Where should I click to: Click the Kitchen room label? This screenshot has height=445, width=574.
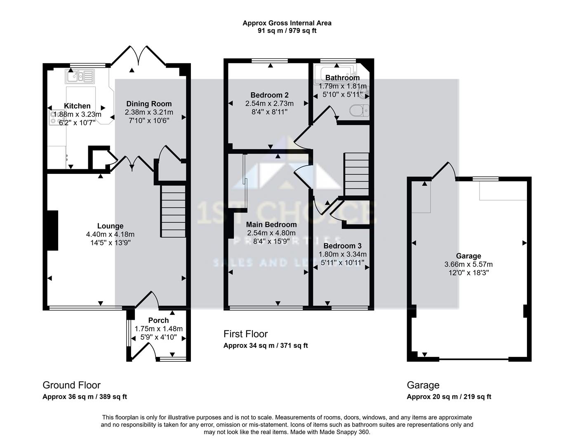tap(77, 106)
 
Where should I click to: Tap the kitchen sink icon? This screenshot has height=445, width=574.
tap(80, 76)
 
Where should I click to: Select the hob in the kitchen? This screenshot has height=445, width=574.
tap(54, 117)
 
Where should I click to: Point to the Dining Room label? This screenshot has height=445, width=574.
tap(149, 104)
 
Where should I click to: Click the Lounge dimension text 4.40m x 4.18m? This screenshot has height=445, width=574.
tap(110, 234)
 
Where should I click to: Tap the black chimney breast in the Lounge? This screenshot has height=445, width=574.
tap(52, 230)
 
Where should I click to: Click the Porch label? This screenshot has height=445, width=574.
tap(158, 320)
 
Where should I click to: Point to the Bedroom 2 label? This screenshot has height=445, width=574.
tap(269, 95)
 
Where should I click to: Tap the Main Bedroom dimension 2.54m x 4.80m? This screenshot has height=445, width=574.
tap(271, 233)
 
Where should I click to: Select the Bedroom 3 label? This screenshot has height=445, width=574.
tap(342, 246)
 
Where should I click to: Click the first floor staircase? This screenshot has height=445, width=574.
tap(356, 174)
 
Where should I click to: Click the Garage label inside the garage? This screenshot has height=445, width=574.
tap(468, 256)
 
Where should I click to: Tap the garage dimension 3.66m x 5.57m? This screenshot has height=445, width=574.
tap(468, 264)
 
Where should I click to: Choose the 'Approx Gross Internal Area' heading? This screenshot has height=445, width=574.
tap(287, 23)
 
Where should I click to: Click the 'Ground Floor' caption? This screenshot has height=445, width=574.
tap(72, 385)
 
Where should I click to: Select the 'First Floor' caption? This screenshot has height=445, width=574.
tap(246, 334)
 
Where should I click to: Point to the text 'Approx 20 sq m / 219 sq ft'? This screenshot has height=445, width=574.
tap(449, 396)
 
